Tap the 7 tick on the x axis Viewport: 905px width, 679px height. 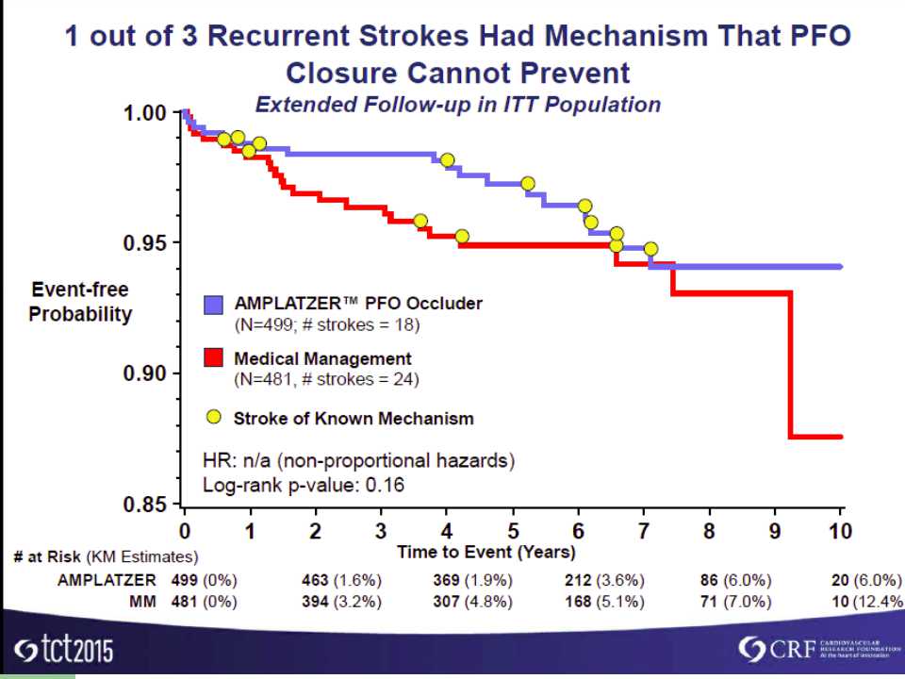click(x=643, y=531)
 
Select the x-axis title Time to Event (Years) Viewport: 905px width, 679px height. click(x=485, y=552)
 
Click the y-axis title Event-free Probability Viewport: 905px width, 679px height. click(x=79, y=302)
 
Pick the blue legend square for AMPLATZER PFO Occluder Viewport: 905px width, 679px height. click(x=214, y=305)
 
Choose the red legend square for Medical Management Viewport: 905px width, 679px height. click(x=214, y=359)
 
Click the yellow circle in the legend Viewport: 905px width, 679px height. click(x=214, y=417)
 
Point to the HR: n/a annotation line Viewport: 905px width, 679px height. click(x=359, y=462)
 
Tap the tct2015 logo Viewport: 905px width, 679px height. click(x=59, y=651)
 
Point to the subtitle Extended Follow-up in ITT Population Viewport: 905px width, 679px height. click(x=458, y=104)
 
